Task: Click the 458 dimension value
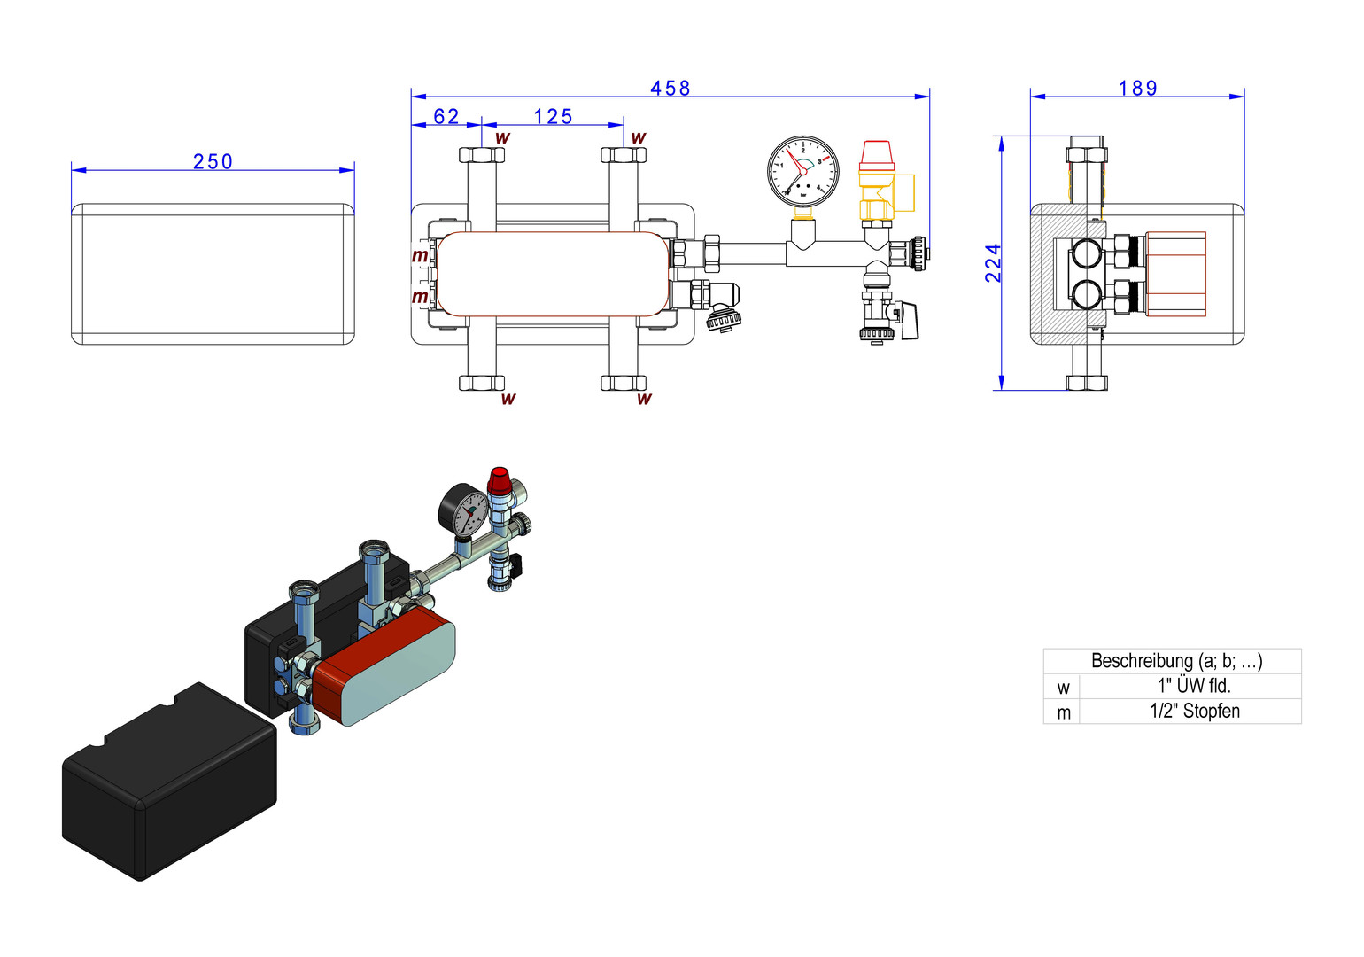coord(670,88)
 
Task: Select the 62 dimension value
coord(446,116)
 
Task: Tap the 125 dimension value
coord(553,116)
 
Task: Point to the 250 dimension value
coord(213,161)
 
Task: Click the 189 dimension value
coord(1137,88)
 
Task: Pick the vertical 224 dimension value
coord(993,263)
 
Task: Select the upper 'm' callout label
coord(420,256)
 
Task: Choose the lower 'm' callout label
coord(420,297)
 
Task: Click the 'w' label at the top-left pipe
coord(502,138)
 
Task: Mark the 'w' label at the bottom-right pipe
coord(644,399)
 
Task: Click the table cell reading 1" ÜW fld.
coord(1193,686)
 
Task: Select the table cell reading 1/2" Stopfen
coord(1193,711)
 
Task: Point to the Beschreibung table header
coord(1175,661)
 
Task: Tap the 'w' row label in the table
coord(1063,688)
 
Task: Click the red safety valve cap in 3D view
coord(499,480)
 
